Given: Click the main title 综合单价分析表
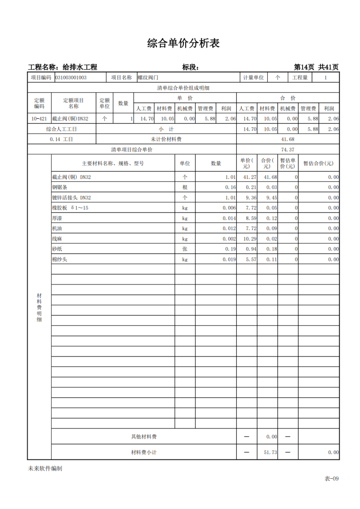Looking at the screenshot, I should coord(183,44).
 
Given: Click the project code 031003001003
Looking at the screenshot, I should coord(71,77).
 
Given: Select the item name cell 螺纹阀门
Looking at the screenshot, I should coord(148,77).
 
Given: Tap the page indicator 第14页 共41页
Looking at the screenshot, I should coord(316,67).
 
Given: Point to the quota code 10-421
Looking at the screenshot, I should coord(39,119).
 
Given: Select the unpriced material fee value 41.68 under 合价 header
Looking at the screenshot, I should coord(288,139).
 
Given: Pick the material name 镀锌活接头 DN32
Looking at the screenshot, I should coord(72,197).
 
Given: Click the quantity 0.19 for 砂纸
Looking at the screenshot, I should coord(230,249).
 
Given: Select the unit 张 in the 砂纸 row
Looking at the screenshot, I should coord(185,249).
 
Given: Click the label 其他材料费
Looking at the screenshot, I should coord(144,437).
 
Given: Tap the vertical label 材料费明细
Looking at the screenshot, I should coord(39,308).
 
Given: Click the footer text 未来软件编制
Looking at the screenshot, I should coord(45,468).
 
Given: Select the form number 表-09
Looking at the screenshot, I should coord(331,478).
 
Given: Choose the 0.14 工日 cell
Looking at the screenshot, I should coord(62,139).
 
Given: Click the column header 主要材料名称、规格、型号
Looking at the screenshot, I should coord(113,163).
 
